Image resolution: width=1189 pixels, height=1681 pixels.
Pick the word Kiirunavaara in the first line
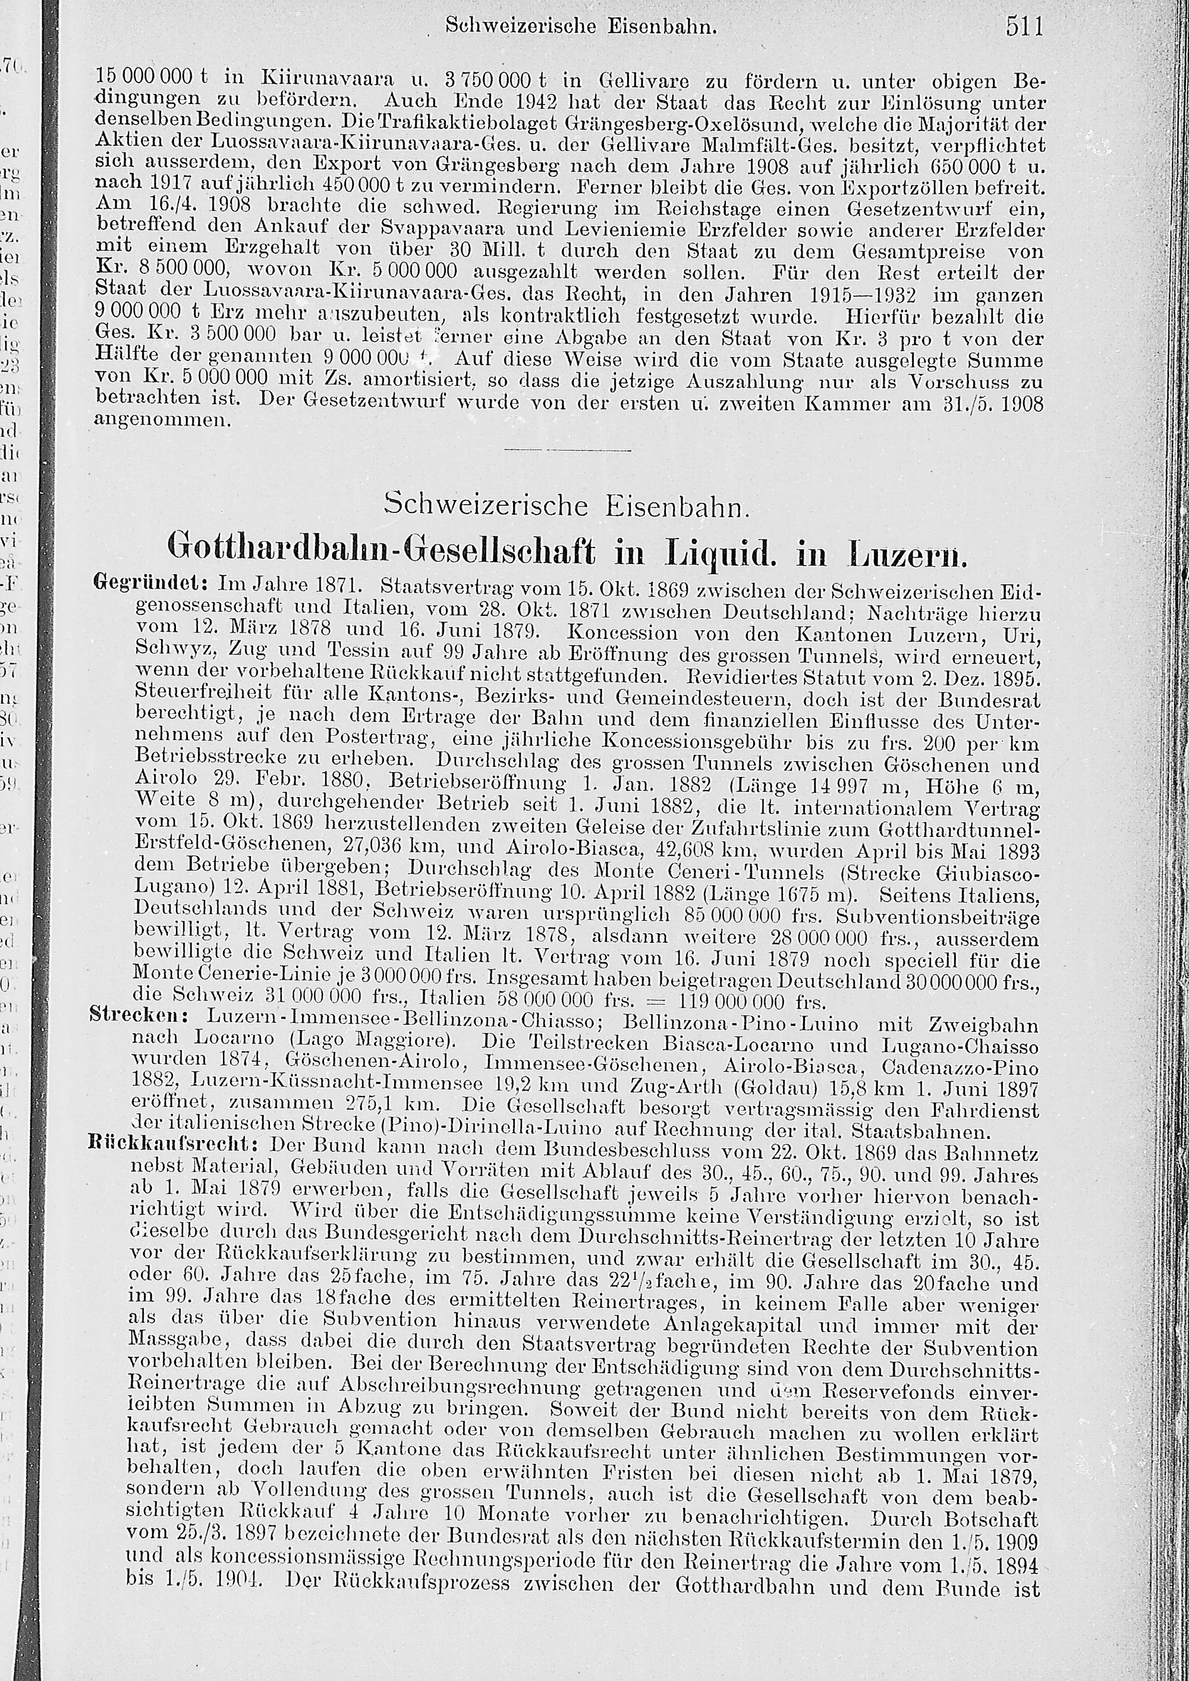tap(328, 77)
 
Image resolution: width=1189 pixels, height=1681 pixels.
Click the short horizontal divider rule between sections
tap(567, 449)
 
